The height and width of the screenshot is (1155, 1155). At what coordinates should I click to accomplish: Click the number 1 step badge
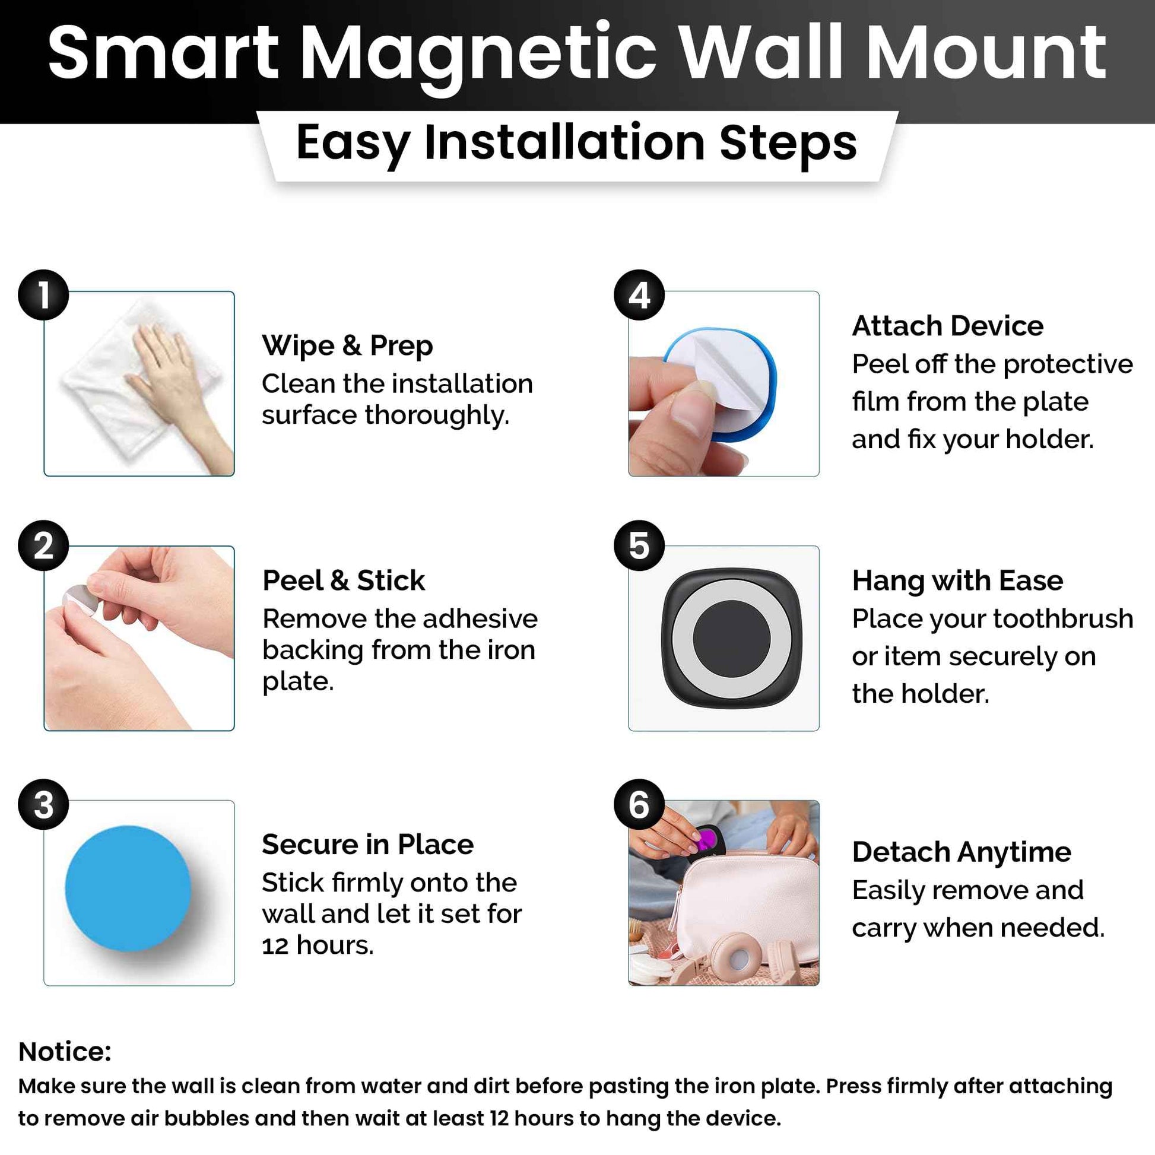pyautogui.click(x=43, y=295)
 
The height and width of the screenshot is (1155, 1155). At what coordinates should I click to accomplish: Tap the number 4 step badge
pyautogui.click(x=639, y=295)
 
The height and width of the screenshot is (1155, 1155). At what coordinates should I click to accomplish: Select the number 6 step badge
pyautogui.click(x=639, y=804)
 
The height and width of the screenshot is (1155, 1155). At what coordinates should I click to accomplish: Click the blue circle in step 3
pyautogui.click(x=128, y=889)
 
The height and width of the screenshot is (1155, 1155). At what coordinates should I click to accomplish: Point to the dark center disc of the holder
pyautogui.click(x=731, y=638)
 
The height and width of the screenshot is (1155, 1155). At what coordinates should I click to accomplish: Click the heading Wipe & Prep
pyautogui.click(x=347, y=345)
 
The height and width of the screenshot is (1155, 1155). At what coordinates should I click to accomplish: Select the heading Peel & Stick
pyautogui.click(x=344, y=580)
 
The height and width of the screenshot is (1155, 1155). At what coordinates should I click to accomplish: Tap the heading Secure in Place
pyautogui.click(x=367, y=845)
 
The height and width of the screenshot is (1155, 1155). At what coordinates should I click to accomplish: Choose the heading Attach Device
pyautogui.click(x=947, y=326)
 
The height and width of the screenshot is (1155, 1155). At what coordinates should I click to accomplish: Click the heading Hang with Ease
pyautogui.click(x=957, y=580)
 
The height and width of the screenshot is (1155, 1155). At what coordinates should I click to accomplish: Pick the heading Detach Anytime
pyautogui.click(x=962, y=852)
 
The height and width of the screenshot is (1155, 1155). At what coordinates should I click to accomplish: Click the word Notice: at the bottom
pyautogui.click(x=65, y=1051)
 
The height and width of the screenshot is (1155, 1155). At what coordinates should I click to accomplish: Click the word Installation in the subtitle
pyautogui.click(x=564, y=144)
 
